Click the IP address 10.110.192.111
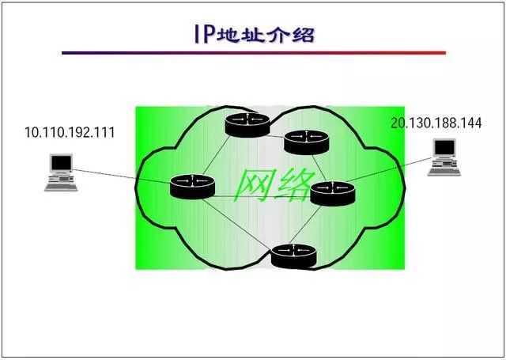[70, 133]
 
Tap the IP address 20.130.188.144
[436, 123]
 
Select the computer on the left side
[59, 173]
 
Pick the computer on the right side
[444, 157]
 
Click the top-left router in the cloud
[247, 123]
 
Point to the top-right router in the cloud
[305, 141]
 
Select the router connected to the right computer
[333, 192]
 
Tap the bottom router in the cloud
[294, 255]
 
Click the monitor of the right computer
[445, 148]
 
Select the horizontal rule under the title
[253, 53]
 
